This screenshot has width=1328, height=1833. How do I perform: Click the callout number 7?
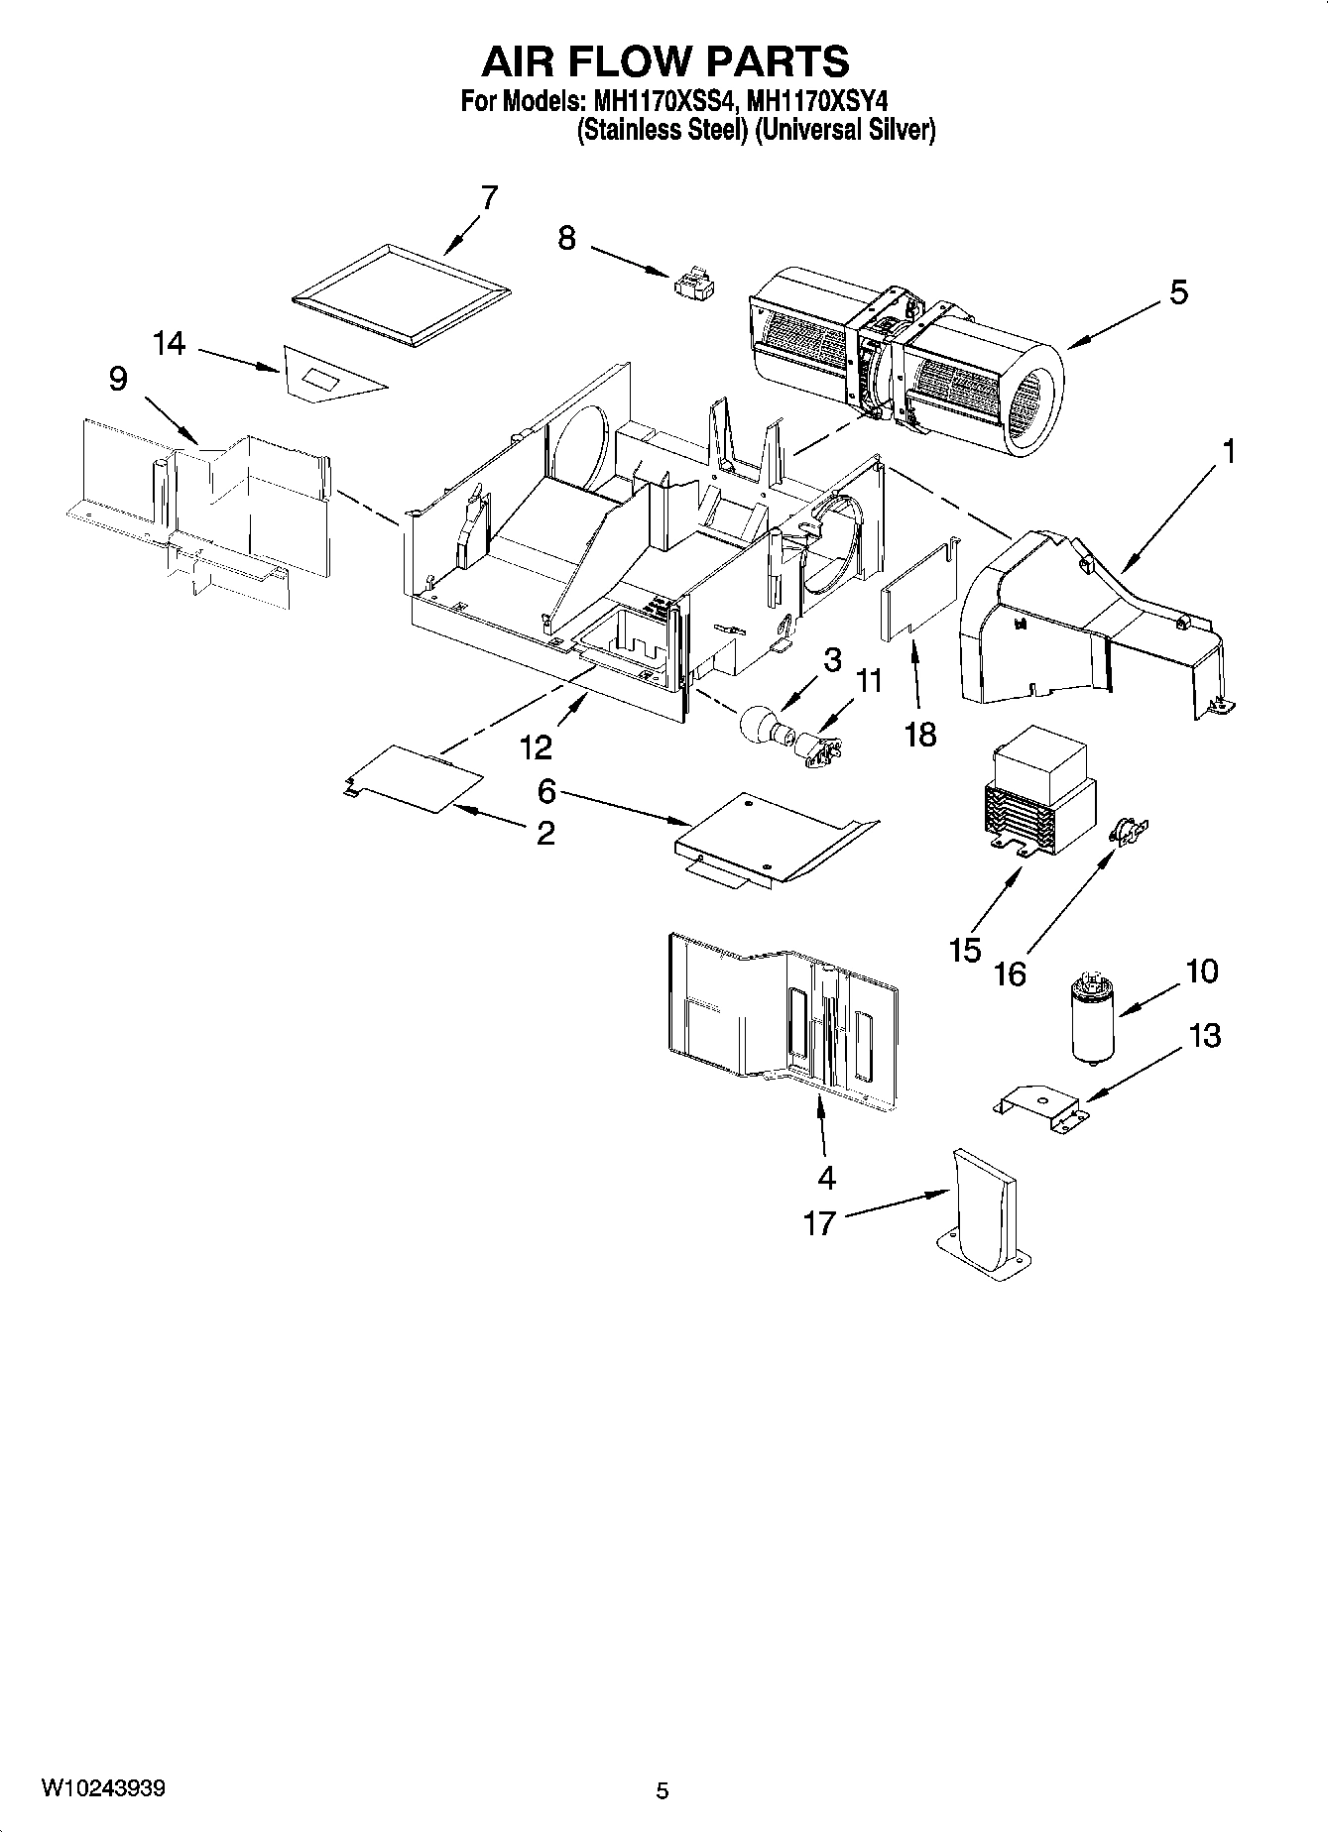pos(488,197)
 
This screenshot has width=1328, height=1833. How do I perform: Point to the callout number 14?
pos(169,344)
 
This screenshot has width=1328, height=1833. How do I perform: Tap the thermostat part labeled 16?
pos(1128,831)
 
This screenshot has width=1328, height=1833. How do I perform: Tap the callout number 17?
pos(819,1223)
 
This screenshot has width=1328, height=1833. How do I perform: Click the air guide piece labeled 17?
pos(982,1214)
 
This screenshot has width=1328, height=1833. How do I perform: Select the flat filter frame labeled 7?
pos(403,295)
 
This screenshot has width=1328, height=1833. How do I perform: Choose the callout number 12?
pos(536,746)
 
